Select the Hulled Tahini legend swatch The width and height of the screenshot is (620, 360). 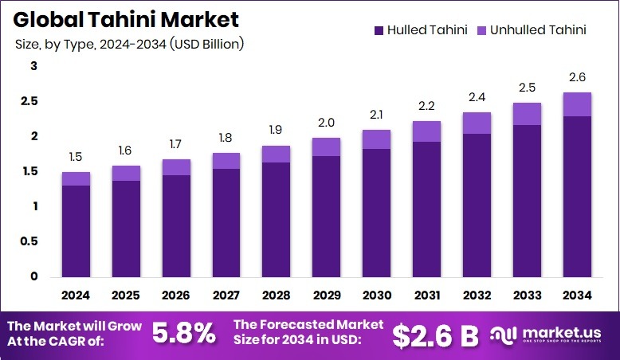pyautogui.click(x=378, y=31)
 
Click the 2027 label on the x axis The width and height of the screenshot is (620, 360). pyautogui.click(x=226, y=295)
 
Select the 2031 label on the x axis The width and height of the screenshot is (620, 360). pyautogui.click(x=427, y=295)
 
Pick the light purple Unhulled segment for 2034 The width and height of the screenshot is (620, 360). pyautogui.click(x=577, y=104)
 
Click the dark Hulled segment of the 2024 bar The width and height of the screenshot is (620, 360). pyautogui.click(x=76, y=231)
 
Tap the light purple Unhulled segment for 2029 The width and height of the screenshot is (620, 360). pyautogui.click(x=326, y=147)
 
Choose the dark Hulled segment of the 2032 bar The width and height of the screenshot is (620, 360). pyautogui.click(x=477, y=205)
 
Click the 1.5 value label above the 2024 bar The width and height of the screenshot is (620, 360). pyautogui.click(x=76, y=157)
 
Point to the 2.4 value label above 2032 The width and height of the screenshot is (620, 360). pyautogui.click(x=477, y=97)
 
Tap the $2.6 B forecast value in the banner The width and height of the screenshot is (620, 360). pyautogui.click(x=435, y=335)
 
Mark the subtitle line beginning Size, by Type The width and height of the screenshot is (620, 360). pyautogui.click(x=129, y=44)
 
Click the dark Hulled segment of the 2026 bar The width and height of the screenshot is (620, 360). pyautogui.click(x=176, y=225)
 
